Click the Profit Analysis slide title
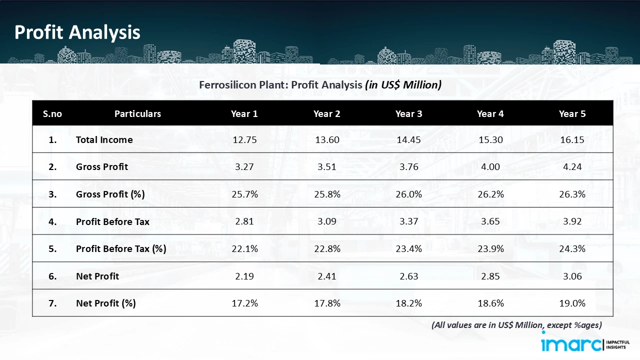77,32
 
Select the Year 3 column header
408,113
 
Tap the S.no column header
52,113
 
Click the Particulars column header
137,113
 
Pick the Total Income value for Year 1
244,139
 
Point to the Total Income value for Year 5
572,139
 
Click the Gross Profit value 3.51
327,166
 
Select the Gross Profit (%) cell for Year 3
408,194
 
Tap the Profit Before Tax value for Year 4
490,221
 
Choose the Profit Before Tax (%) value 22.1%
244,248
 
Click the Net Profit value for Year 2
327,276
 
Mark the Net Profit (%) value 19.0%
572,303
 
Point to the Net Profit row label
97,276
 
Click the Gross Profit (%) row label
110,194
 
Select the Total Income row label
104,139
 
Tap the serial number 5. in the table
52,248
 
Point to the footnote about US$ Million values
516,325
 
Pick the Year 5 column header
572,113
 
